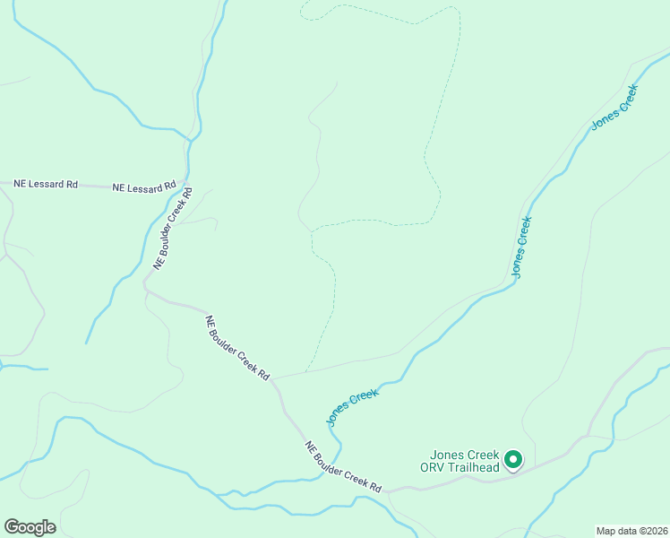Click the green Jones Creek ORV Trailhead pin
click(513, 460)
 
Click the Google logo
click(30, 526)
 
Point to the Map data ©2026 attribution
click(631, 531)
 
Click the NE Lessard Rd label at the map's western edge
click(46, 184)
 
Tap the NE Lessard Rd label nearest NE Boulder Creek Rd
click(143, 187)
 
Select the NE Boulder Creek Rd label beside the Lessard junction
click(173, 228)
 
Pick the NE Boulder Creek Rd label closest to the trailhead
click(343, 467)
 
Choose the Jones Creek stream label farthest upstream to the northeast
click(614, 107)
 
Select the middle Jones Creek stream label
click(521, 245)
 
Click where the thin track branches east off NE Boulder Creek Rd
click(274, 378)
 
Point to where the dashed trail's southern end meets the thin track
click(306, 370)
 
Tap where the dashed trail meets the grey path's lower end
click(311, 230)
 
